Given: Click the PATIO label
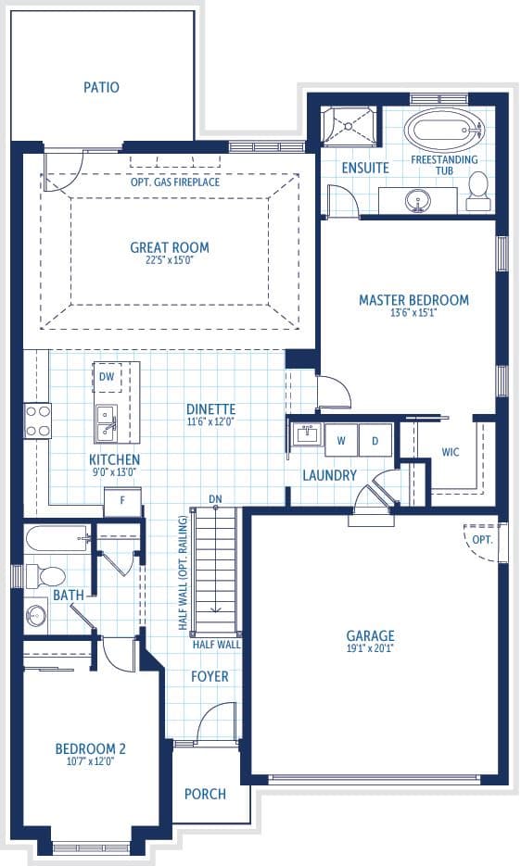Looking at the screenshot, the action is click(x=101, y=87).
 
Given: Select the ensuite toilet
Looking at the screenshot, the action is click(x=477, y=191).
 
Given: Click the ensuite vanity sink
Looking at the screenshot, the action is click(x=417, y=200).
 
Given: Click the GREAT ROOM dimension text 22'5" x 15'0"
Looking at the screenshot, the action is click(x=170, y=259).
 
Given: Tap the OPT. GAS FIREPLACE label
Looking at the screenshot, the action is click(x=175, y=182).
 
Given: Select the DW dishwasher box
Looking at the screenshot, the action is click(x=107, y=377).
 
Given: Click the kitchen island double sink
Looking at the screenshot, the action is click(x=106, y=422).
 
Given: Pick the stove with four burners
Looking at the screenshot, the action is click(x=38, y=420).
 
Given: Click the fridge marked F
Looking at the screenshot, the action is click(x=122, y=502).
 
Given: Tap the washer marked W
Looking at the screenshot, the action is click(x=341, y=440).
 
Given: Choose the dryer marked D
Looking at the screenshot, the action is click(x=375, y=440).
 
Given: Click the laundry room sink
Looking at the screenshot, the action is click(x=305, y=434).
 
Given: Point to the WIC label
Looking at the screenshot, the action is click(x=451, y=452).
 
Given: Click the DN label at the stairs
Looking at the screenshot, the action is click(x=216, y=499).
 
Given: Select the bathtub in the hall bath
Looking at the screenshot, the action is click(x=57, y=537).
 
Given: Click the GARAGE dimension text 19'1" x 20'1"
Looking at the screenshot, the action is click(x=370, y=649).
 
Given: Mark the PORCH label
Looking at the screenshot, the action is click(x=205, y=794).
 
